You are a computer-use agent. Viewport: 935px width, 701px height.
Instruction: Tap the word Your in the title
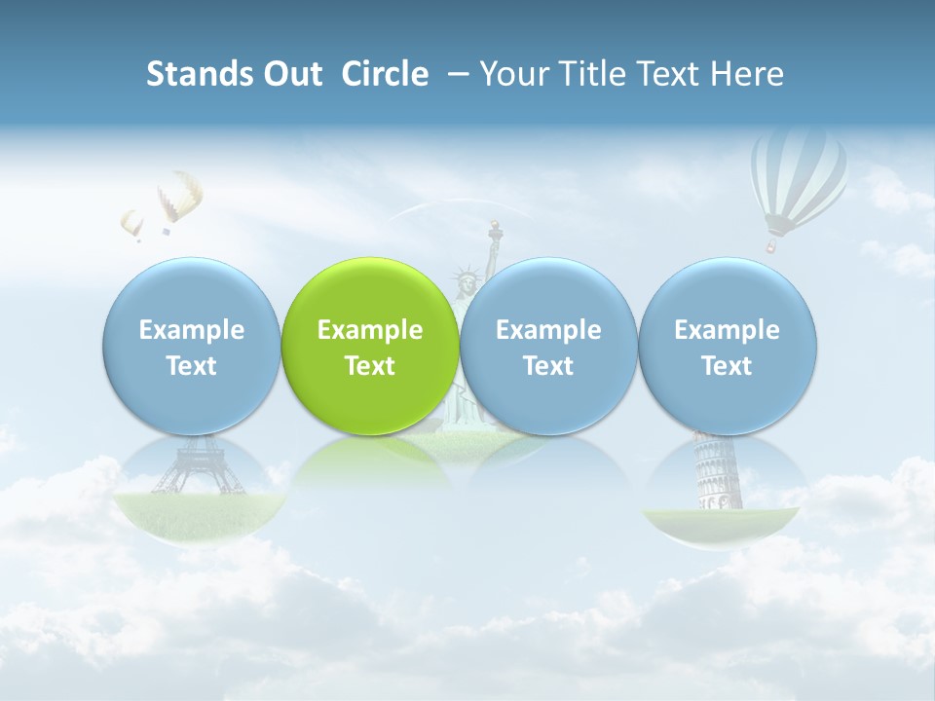tap(512, 74)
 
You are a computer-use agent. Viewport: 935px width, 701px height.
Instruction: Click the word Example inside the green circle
tap(370, 330)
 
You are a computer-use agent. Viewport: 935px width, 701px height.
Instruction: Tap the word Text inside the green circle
tap(370, 366)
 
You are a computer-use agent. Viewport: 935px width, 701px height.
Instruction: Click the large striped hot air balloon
tap(799, 175)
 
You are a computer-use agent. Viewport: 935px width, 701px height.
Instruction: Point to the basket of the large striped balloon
tap(770, 246)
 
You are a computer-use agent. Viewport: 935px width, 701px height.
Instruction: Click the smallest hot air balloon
tap(132, 223)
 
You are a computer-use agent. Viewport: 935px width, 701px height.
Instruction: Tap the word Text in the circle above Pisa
tap(728, 366)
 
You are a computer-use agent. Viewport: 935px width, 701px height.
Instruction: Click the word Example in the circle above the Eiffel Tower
tap(192, 330)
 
